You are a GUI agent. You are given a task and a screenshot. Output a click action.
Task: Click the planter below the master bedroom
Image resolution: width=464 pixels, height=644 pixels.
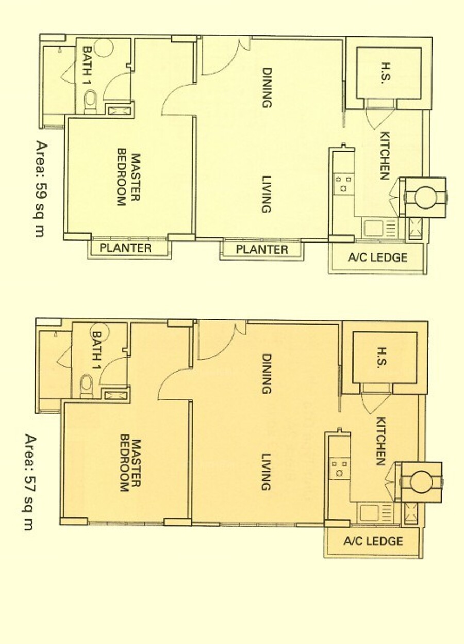click(x=129, y=248)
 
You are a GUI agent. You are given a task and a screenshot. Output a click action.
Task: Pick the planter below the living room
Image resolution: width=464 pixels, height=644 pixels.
click(x=262, y=249)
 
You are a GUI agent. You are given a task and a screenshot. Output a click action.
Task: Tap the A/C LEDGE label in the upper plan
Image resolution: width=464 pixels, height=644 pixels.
click(x=377, y=257)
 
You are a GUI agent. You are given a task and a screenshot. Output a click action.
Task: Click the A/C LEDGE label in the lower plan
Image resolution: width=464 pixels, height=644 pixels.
click(x=373, y=541)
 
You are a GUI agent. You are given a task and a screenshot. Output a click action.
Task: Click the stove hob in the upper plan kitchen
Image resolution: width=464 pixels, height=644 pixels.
click(x=344, y=184)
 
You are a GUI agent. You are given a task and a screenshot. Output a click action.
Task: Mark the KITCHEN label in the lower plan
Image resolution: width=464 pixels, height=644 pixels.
click(x=380, y=441)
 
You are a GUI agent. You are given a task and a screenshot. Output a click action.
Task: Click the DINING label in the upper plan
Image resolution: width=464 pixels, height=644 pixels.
click(x=267, y=87)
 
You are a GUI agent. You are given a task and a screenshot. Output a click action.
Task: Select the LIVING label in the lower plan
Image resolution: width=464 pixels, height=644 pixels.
click(x=267, y=472)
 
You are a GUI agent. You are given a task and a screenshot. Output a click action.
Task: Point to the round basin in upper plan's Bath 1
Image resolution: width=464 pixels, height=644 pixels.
click(x=104, y=47)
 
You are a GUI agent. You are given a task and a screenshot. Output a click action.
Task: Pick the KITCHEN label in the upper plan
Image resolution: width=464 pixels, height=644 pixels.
click(x=385, y=155)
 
